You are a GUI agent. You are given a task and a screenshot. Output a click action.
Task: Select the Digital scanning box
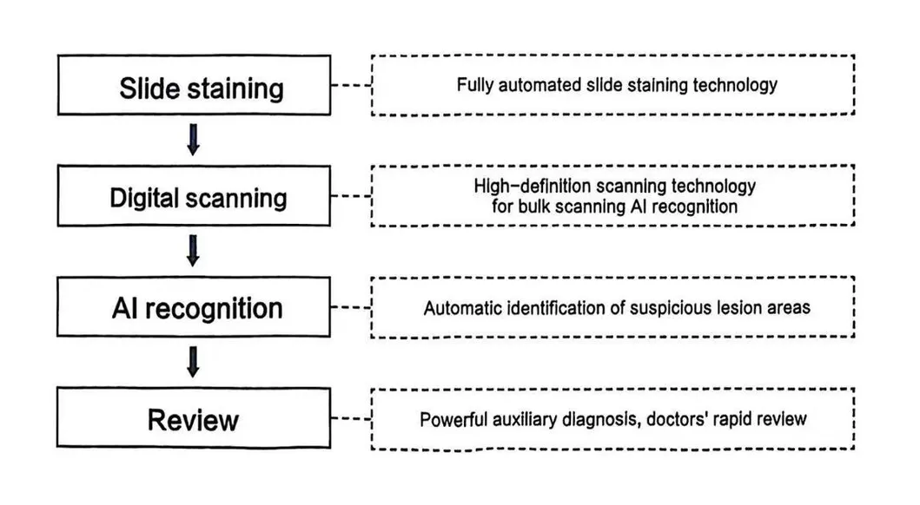[198, 197]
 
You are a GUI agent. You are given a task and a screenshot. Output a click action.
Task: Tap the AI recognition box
[197, 307]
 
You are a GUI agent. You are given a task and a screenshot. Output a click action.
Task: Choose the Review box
[193, 420]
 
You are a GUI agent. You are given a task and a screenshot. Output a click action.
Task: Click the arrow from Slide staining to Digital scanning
[194, 141]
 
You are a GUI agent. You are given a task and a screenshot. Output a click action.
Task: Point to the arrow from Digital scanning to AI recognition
[194, 251]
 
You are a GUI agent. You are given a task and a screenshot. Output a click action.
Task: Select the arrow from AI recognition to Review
[194, 363]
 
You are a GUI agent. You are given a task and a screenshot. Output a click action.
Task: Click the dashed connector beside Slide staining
[351, 87]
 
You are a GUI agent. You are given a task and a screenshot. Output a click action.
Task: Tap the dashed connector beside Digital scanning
[351, 197]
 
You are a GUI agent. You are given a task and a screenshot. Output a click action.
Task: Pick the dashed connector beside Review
[351, 420]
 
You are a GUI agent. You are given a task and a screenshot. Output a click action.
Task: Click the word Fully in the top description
[474, 85]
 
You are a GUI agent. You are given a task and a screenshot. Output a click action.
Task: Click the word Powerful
[453, 419]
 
